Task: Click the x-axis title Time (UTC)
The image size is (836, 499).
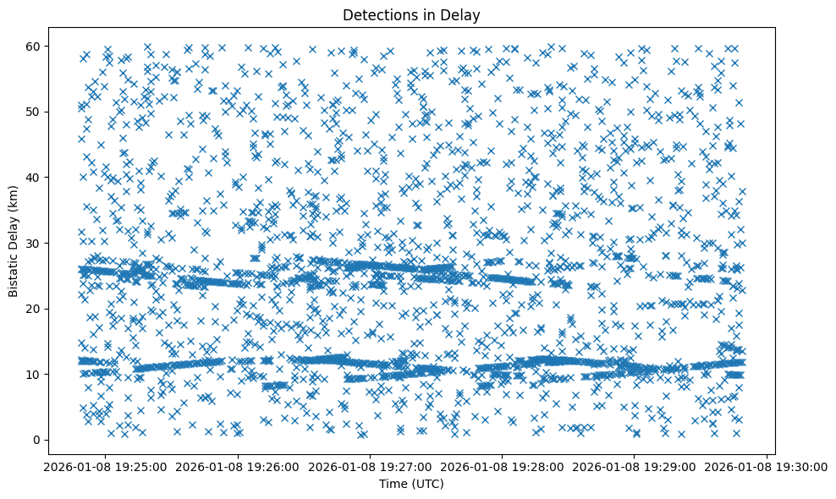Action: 411,484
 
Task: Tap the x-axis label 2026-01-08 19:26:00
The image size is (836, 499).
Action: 238,466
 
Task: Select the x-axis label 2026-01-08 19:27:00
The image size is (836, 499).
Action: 370,466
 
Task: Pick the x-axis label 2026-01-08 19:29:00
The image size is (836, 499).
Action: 635,466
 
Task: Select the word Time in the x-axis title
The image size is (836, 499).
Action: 393,484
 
